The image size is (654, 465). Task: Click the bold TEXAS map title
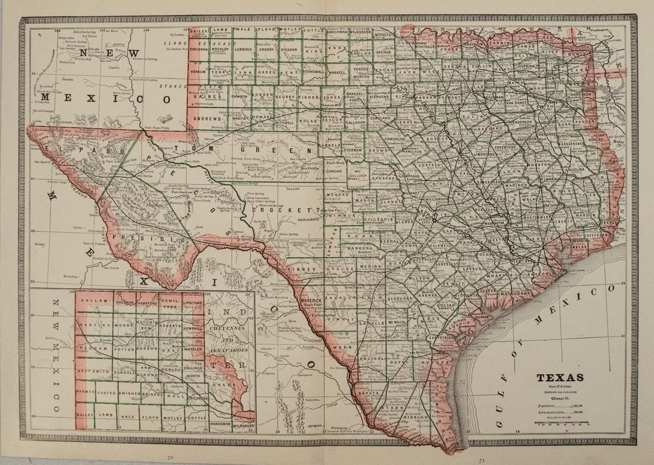point(561,377)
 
